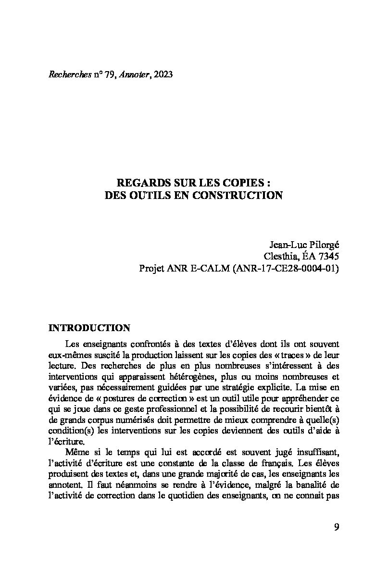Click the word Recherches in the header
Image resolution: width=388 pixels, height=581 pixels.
[68, 74]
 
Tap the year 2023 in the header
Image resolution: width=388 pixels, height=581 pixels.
[163, 74]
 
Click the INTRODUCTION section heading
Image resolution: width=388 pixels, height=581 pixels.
[89, 328]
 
